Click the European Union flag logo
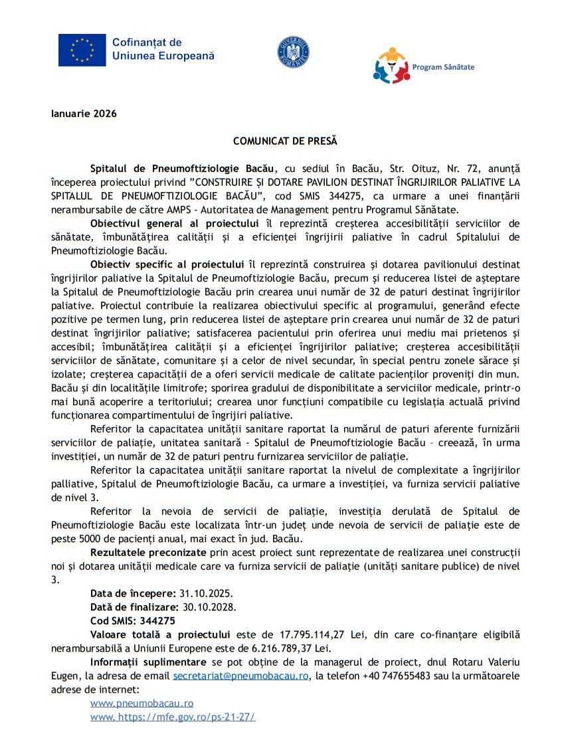pyautogui.click(x=82, y=50)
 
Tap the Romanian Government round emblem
pyautogui.click(x=293, y=51)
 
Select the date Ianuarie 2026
pyautogui.click(x=84, y=114)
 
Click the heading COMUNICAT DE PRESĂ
pyautogui.click(x=285, y=141)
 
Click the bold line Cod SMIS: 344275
pyautogui.click(x=133, y=621)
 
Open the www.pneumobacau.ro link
pyautogui.click(x=141, y=703)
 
